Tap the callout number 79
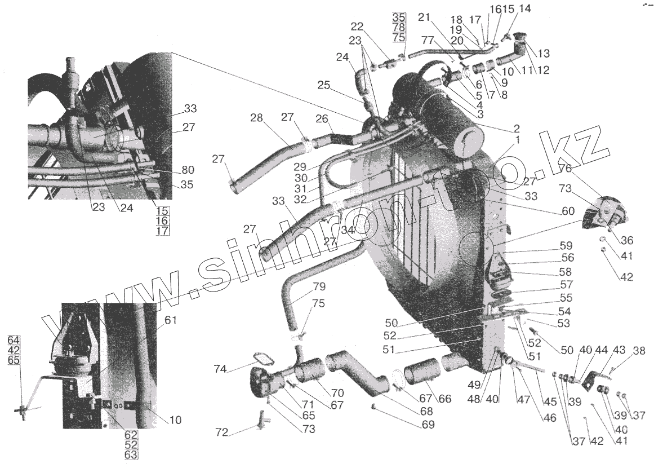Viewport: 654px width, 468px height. (319, 286)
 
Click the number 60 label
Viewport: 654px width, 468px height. (568, 211)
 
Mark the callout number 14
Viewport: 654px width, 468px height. (524, 8)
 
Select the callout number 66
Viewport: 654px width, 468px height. (444, 399)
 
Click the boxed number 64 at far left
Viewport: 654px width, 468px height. (14, 339)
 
